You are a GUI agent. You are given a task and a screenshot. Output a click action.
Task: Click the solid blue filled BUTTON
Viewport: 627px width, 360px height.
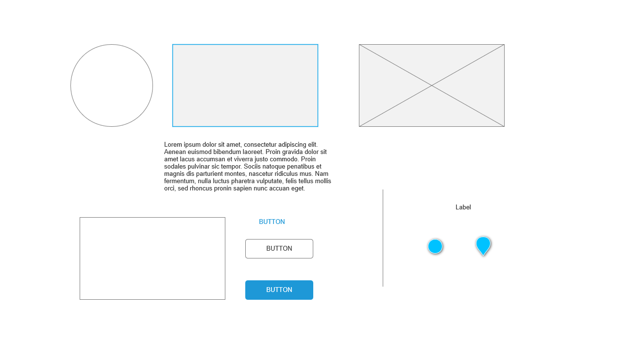pos(279,290)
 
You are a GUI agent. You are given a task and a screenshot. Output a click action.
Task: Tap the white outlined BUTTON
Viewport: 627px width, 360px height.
pos(279,249)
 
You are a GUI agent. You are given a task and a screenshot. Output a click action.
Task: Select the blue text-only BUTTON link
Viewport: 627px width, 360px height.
pos(272,222)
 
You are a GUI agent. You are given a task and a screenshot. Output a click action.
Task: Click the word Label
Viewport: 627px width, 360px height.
pos(463,207)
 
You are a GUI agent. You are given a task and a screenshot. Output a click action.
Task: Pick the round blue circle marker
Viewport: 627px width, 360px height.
pos(435,246)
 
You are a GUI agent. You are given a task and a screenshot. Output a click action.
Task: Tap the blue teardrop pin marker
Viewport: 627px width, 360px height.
pos(483,245)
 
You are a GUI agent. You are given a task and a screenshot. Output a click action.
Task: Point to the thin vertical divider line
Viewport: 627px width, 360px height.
pos(383,238)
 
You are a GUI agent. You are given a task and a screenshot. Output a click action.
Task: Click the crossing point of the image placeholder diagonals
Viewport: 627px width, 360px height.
pos(432,86)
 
